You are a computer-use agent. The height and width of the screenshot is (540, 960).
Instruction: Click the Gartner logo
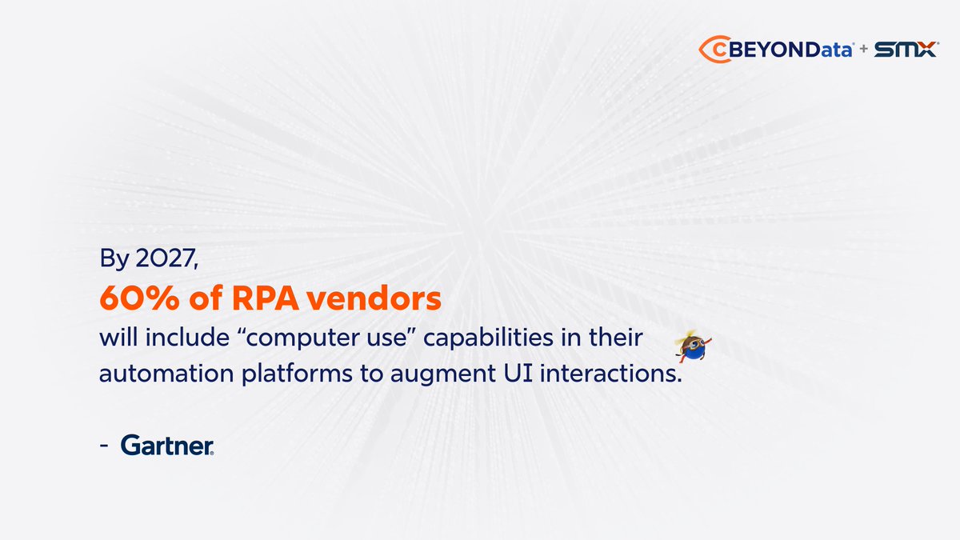coord(167,446)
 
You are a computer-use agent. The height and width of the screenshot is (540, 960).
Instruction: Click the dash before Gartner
coord(106,446)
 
